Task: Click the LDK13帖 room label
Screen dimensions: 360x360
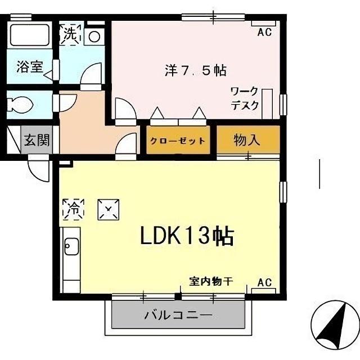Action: click(187, 236)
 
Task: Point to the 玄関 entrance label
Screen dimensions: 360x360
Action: click(37, 139)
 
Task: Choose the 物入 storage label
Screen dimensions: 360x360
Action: click(247, 139)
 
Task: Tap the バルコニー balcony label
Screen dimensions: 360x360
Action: click(177, 315)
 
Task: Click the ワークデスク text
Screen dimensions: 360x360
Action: click(245, 98)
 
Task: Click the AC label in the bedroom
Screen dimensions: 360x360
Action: click(264, 33)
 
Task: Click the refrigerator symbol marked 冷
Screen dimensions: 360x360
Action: click(73, 208)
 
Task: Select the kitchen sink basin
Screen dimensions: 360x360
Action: click(71, 247)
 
